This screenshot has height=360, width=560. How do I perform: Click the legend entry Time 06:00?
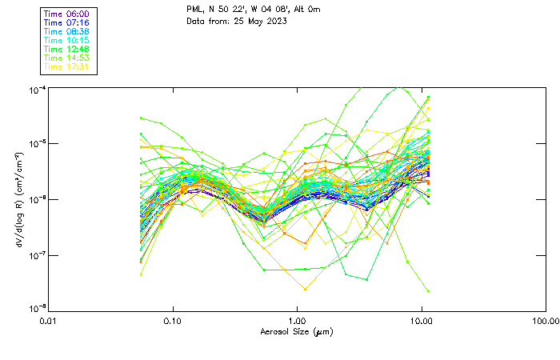click(66, 14)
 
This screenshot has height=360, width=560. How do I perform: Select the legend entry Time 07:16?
click(66, 23)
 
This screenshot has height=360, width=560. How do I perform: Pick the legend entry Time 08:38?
click(66, 32)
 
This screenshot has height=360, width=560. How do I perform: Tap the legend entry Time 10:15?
click(66, 41)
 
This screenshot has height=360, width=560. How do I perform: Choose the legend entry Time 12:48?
click(66, 50)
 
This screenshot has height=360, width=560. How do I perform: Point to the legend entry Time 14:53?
click(66, 58)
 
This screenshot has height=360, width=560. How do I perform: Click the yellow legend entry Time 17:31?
click(66, 67)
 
